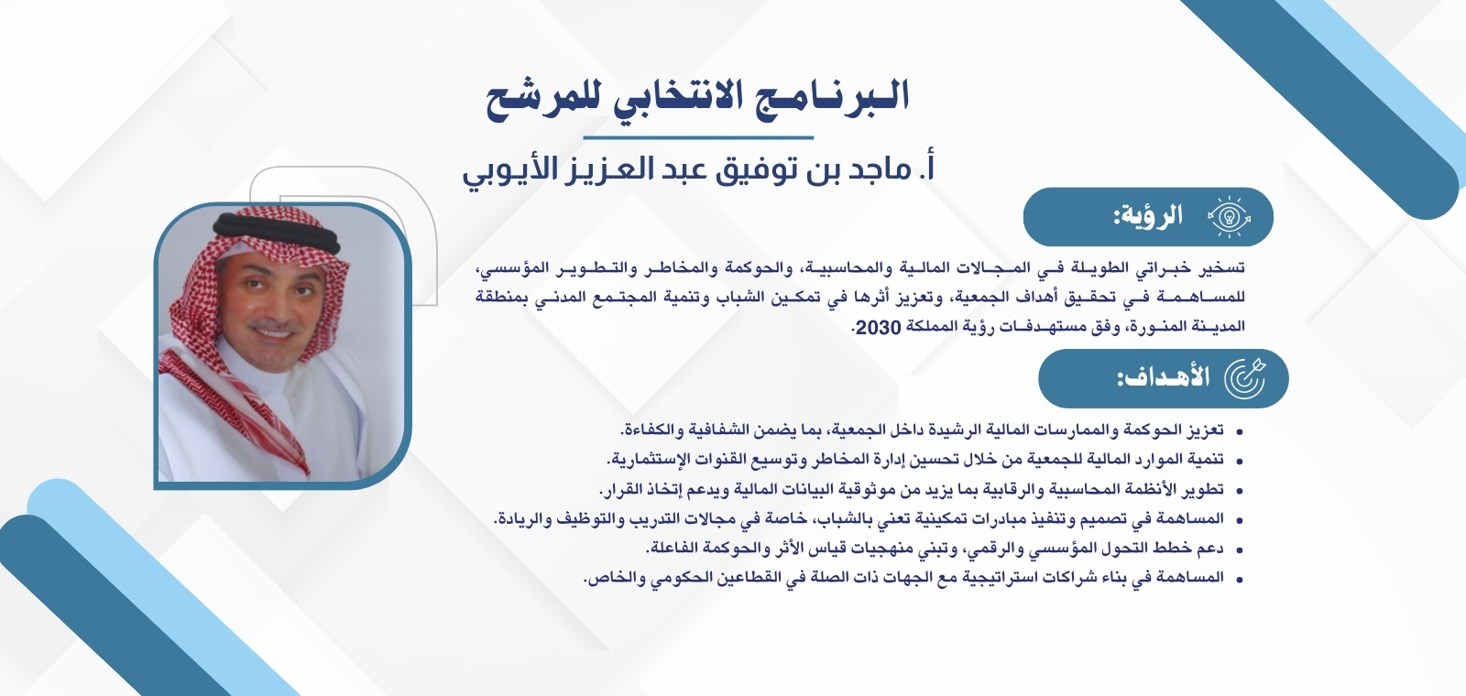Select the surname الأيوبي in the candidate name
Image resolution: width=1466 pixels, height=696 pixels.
pyautogui.click(x=511, y=170)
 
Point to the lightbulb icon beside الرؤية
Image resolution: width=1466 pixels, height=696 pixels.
pyautogui.click(x=1229, y=217)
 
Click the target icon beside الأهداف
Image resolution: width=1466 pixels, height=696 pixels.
pyautogui.click(x=1245, y=377)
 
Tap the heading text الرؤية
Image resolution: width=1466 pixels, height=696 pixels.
pyautogui.click(x=1148, y=217)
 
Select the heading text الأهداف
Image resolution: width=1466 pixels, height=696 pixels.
pyautogui.click(x=1163, y=377)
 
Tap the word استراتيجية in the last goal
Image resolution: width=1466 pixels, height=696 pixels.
pyautogui.click(x=1000, y=578)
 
